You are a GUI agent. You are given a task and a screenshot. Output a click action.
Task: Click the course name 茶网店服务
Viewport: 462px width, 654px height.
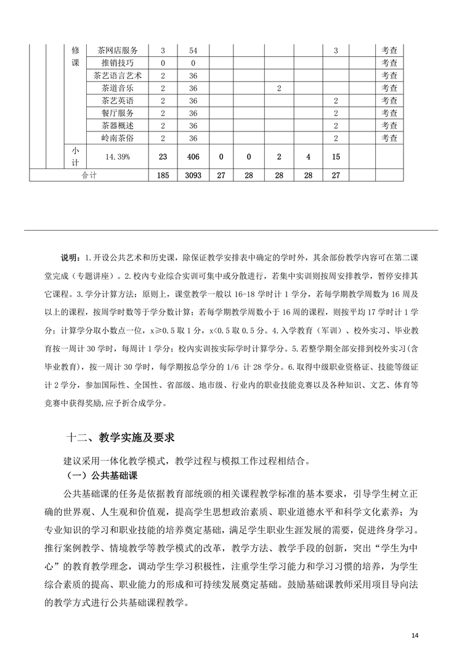click(x=118, y=51)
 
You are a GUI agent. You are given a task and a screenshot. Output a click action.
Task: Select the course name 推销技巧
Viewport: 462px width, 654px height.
click(x=118, y=63)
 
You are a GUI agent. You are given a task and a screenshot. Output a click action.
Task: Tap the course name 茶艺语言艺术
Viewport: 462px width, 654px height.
click(x=118, y=75)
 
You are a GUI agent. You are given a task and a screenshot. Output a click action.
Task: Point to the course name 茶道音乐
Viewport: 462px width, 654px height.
click(x=118, y=88)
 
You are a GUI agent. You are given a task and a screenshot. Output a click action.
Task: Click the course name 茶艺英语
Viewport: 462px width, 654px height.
click(x=118, y=101)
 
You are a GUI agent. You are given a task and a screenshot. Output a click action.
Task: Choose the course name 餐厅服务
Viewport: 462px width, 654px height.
click(x=118, y=113)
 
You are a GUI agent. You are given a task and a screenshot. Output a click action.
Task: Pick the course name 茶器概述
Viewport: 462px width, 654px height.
click(x=118, y=125)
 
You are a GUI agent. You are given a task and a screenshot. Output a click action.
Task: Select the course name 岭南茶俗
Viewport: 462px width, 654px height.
click(x=118, y=138)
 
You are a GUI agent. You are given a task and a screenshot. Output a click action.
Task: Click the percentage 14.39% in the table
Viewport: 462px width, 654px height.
click(x=117, y=157)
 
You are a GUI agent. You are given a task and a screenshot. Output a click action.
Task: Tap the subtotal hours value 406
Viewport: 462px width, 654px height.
click(x=193, y=157)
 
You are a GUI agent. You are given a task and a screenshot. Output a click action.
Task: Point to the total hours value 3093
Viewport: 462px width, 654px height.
click(x=193, y=176)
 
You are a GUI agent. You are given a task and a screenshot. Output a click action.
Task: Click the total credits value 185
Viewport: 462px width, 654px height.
click(x=163, y=176)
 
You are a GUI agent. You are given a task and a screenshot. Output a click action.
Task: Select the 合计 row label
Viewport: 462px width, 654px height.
click(x=90, y=176)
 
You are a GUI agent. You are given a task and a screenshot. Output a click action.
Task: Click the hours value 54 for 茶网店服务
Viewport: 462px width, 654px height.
click(x=193, y=51)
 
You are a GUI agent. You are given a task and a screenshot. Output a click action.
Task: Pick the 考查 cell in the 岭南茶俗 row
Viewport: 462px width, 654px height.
click(x=389, y=138)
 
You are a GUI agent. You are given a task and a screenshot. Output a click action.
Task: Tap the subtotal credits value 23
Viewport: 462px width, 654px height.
click(x=163, y=157)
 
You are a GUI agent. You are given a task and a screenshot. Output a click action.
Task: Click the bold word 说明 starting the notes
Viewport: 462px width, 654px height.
click(x=70, y=257)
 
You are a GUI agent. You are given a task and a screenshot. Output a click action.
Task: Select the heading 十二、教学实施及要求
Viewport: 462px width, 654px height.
click(x=121, y=437)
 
